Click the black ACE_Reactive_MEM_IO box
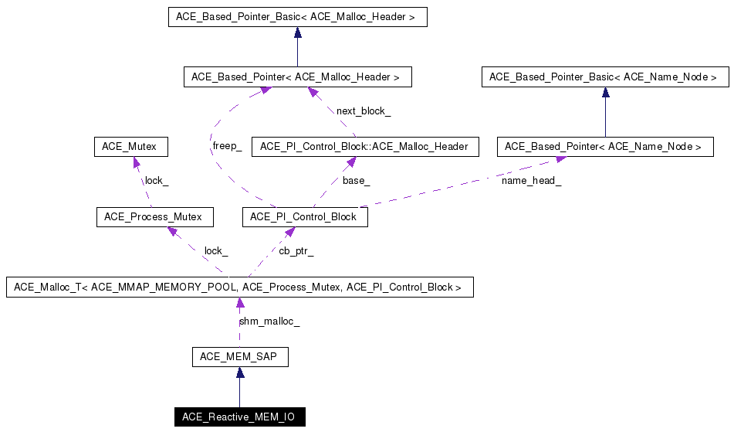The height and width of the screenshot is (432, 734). (239, 417)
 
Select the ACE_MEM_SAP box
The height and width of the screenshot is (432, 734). (239, 356)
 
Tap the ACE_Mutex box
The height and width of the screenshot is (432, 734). (130, 146)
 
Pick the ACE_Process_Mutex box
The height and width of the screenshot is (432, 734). (154, 217)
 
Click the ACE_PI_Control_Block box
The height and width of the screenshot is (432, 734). (305, 217)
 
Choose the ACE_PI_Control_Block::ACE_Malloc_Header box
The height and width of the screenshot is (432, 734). (364, 146)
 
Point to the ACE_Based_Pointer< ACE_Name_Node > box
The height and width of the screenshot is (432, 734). (604, 146)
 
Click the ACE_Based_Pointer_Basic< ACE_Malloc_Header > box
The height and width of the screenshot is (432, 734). (297, 16)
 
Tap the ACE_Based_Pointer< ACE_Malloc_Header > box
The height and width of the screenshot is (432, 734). (297, 77)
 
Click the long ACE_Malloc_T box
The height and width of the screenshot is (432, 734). (239, 287)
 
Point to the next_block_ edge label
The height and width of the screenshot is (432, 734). (363, 111)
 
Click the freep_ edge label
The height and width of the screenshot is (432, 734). (227, 146)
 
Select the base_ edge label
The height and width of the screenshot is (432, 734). (356, 181)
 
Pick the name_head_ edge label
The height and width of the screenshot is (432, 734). (531, 181)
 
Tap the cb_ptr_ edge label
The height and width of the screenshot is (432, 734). (296, 251)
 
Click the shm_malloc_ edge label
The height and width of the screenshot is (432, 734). (269, 321)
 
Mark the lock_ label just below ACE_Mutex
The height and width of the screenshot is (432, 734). (157, 181)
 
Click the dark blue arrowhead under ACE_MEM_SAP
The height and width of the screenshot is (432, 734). (240, 372)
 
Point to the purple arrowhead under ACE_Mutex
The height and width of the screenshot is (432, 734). (137, 162)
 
